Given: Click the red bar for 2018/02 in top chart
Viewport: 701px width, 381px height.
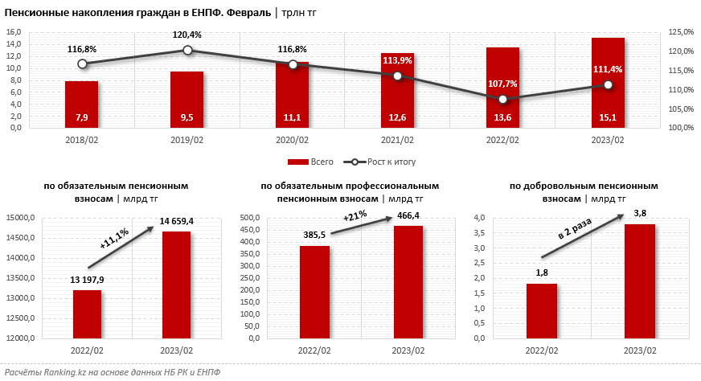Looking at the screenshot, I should click(81, 104).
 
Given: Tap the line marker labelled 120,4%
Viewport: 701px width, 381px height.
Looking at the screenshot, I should click(187, 50).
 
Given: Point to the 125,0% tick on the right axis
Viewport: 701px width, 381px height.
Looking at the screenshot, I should click(679, 32).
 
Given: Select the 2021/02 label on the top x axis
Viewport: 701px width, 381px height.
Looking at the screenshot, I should click(397, 141).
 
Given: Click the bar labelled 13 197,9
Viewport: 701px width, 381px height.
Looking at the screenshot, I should click(87, 314).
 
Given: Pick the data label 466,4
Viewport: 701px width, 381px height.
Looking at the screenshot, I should click(408, 215).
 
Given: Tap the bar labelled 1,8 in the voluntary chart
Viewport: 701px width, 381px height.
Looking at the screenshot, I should click(543, 311).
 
